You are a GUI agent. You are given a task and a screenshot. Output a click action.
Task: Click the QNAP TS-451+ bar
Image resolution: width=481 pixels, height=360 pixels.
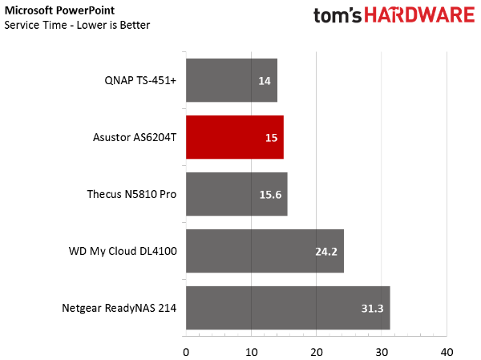click(x=232, y=80)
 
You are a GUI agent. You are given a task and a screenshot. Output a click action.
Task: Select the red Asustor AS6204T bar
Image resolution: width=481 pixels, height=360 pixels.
click(x=235, y=137)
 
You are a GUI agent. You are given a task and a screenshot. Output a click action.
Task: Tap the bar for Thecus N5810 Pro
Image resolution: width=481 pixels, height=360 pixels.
click(x=236, y=194)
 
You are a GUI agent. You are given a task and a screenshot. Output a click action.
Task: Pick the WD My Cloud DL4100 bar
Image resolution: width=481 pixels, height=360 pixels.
click(x=265, y=251)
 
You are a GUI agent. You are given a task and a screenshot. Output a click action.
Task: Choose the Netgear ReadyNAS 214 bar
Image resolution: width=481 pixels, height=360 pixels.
click(x=288, y=308)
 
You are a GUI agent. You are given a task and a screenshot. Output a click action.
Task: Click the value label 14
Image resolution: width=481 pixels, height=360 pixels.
click(x=265, y=81)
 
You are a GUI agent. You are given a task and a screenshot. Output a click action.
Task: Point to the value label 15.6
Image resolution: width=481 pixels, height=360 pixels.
click(x=271, y=195)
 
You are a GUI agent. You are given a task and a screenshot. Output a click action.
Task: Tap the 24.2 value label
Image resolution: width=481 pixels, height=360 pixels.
click(x=326, y=252)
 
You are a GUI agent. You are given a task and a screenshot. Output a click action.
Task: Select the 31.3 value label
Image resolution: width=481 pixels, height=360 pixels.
click(x=373, y=309)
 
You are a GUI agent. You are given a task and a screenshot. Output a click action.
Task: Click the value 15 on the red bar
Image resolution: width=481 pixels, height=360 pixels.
click(x=272, y=138)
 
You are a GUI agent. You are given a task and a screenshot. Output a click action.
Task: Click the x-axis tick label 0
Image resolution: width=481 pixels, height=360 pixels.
click(x=186, y=352)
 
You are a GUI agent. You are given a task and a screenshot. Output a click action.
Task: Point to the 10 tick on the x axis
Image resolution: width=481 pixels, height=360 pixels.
click(x=252, y=352)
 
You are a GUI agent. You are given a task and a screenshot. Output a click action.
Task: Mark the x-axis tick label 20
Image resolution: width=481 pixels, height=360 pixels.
click(x=317, y=352)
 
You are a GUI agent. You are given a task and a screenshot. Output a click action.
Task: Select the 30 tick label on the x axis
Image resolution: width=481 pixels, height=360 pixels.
click(x=382, y=352)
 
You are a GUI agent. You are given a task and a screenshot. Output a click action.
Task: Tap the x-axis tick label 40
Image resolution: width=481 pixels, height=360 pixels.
click(x=447, y=352)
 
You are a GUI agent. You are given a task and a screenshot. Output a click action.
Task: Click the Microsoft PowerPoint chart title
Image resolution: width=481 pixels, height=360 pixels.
click(x=59, y=10)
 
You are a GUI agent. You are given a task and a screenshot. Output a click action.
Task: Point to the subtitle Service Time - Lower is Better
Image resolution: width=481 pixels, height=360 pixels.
click(x=77, y=25)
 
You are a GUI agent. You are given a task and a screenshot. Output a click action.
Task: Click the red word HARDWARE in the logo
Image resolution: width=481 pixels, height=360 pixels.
click(x=419, y=15)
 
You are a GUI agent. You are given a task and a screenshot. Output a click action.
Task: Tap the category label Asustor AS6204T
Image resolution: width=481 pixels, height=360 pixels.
click(x=135, y=137)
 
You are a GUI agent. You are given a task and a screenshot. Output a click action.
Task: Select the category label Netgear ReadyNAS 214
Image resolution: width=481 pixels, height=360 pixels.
click(x=119, y=308)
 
